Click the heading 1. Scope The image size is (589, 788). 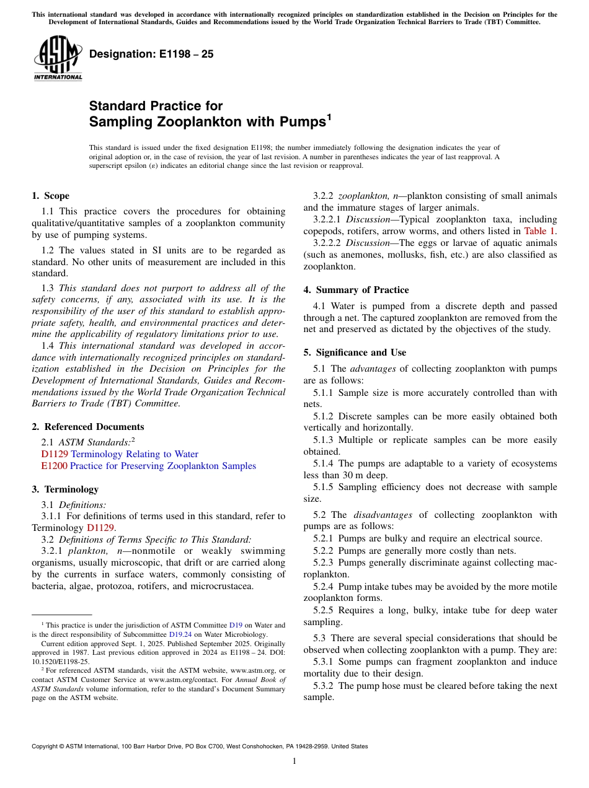(50, 196)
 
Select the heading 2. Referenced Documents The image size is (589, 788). (87, 427)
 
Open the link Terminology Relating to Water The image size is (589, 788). (135, 454)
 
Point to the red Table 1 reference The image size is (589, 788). (539, 231)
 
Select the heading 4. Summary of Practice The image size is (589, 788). (356, 290)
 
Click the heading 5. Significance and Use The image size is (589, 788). (355, 352)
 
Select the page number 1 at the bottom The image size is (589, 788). (294, 761)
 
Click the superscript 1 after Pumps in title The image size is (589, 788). (329, 117)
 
